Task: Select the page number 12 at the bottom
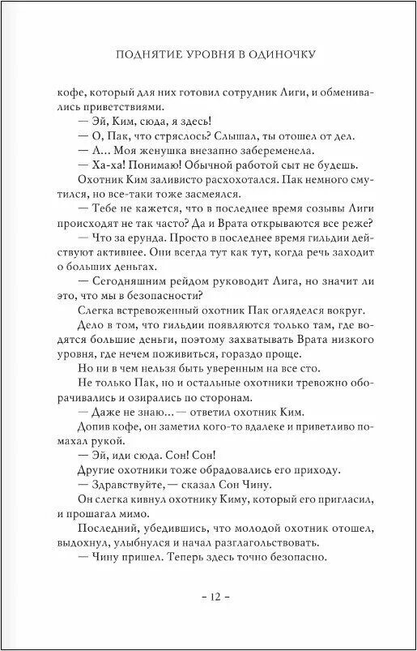coord(208,597)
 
